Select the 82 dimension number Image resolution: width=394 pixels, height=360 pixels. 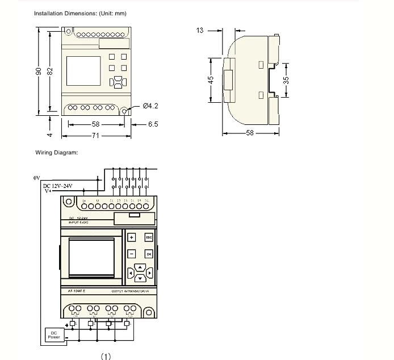click(x=50, y=70)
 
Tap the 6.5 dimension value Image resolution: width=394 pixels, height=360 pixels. click(x=153, y=123)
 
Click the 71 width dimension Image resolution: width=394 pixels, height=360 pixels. click(x=96, y=136)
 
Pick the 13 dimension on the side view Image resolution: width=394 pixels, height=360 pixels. click(x=200, y=30)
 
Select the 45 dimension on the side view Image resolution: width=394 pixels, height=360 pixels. click(x=210, y=79)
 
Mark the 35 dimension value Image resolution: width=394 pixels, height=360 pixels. click(x=287, y=80)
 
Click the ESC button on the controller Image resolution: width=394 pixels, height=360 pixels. click(x=149, y=237)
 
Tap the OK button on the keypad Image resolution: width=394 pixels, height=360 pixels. click(x=149, y=254)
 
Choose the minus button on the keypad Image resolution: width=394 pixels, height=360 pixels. click(x=131, y=254)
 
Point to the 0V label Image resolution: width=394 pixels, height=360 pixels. click(x=36, y=178)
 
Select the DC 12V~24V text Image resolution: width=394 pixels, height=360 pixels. click(x=58, y=186)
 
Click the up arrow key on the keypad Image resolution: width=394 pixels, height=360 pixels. click(x=140, y=267)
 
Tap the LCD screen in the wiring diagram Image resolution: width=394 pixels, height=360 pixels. click(x=91, y=255)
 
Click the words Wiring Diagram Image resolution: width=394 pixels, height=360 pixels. click(x=56, y=152)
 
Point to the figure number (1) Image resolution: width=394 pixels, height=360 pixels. click(x=106, y=356)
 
